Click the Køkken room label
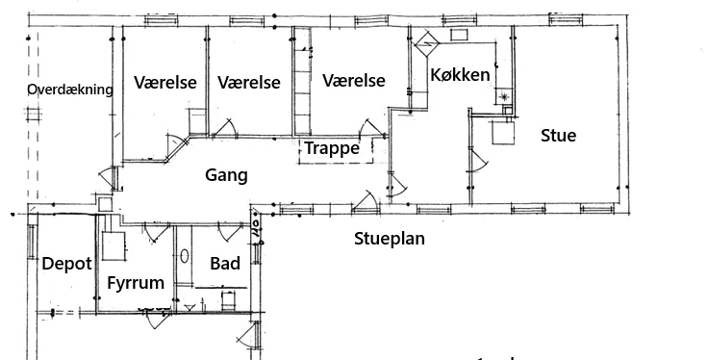(x=460, y=75)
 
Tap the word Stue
(x=559, y=136)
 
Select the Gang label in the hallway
(x=226, y=175)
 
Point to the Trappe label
(x=332, y=148)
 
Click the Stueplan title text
(x=390, y=239)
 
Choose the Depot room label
(x=66, y=264)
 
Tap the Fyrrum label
(x=136, y=283)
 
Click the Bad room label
(x=225, y=264)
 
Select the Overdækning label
(x=70, y=90)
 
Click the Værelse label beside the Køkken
(x=354, y=81)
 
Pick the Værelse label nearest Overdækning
(x=165, y=83)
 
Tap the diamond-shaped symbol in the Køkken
(x=427, y=43)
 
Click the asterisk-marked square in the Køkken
(x=504, y=96)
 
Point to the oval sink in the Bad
(x=185, y=256)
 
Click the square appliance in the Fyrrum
(x=113, y=245)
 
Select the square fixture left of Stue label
(x=503, y=133)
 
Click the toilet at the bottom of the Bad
(x=229, y=301)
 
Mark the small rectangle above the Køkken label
(x=459, y=35)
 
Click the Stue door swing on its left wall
(x=479, y=161)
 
